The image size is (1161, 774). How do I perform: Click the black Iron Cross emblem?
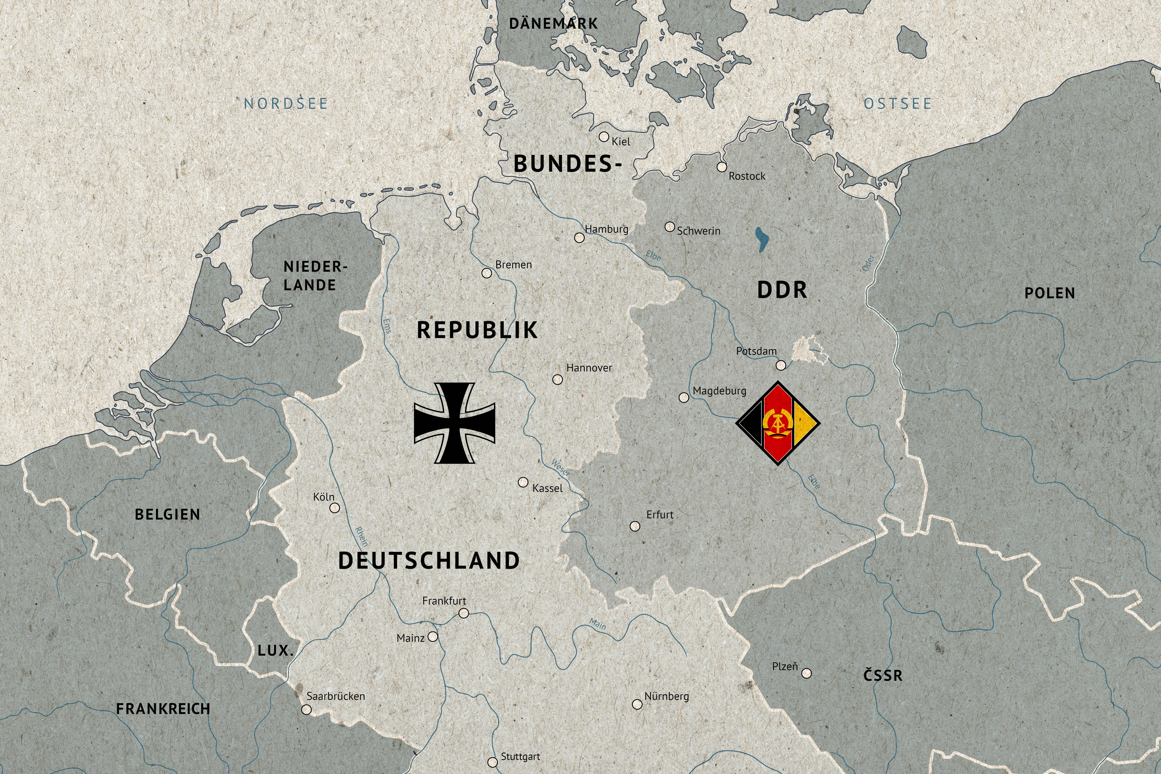tap(454, 423)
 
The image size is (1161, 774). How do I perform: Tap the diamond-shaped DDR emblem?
tap(778, 423)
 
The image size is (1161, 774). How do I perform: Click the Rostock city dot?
tap(722, 167)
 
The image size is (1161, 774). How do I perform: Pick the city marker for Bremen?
tap(487, 273)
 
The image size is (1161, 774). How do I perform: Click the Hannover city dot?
tap(557, 380)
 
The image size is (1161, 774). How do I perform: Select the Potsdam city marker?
tap(780, 365)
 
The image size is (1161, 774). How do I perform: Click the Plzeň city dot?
tap(806, 673)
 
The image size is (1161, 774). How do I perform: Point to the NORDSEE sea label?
tap(286, 104)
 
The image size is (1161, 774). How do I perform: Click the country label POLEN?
tap(1049, 293)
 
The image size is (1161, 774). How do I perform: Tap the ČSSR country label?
tap(883, 675)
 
